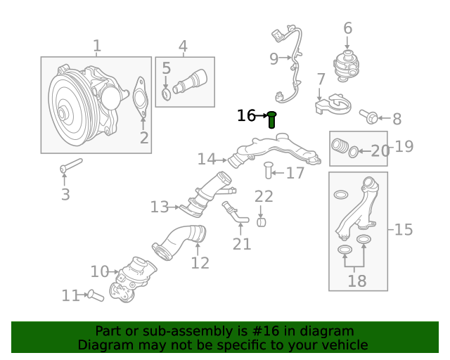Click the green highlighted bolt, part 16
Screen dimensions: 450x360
coord(271,120)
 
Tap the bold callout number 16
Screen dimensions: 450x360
coord(246,115)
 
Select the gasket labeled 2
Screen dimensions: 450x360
coord(141,97)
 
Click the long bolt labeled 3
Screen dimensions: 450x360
coord(71,166)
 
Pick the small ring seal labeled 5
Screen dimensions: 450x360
coord(166,94)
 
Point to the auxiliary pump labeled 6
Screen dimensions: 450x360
coord(346,66)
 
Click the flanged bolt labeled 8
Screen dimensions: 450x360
coord(368,117)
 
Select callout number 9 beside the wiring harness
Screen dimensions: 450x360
coord(274,58)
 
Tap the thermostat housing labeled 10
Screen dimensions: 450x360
coord(133,279)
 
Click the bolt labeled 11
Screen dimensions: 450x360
coord(96,295)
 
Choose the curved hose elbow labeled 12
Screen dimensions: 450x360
coord(179,242)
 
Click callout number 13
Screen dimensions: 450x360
coord(160,207)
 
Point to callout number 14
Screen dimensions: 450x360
coord(206,159)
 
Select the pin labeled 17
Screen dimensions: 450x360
coord(269,170)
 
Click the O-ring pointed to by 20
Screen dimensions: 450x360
coord(354,152)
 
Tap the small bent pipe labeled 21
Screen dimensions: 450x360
coord(236,213)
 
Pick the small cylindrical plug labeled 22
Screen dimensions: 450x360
coord(261,222)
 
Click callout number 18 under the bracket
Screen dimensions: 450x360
coord(357,281)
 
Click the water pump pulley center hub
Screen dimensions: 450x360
coord(62,114)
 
